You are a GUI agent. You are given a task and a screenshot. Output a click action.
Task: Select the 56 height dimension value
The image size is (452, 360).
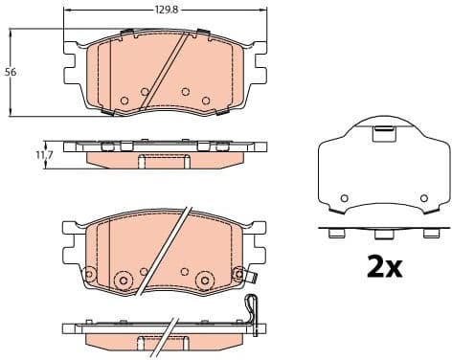(x=11, y=72)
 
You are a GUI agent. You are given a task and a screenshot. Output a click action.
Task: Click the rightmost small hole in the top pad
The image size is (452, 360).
(x=206, y=100)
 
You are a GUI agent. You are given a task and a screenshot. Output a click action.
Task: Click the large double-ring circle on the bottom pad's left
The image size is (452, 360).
(x=122, y=279)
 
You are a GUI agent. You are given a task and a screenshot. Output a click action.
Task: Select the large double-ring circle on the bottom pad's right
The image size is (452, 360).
(x=204, y=279)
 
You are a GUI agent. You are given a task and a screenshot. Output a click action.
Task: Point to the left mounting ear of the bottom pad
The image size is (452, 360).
(x=69, y=247)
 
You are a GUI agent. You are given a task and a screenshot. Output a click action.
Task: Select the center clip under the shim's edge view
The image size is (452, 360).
(x=382, y=234)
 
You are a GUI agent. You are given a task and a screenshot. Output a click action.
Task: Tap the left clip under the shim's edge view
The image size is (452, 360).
(x=334, y=233)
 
